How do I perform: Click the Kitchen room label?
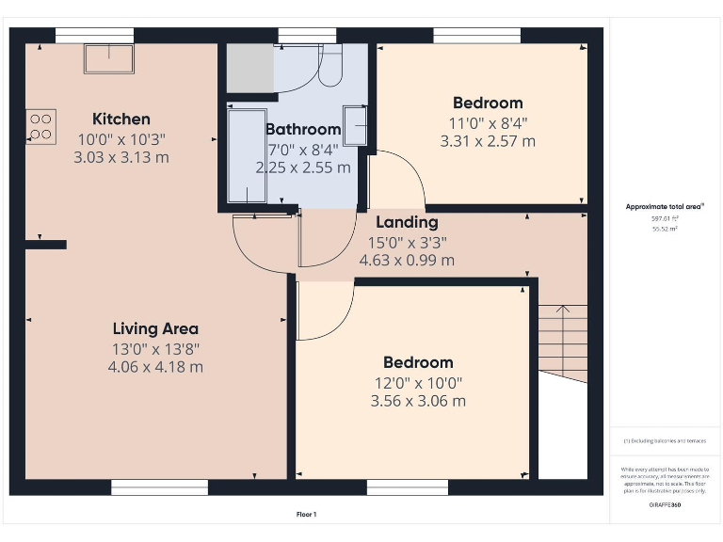(x=120, y=119)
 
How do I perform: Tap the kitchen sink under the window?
(x=109, y=57)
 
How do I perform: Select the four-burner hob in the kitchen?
(x=41, y=126)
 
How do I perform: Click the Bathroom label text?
(x=302, y=129)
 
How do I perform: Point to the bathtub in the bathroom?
(x=248, y=155)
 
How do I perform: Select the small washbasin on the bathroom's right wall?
(x=355, y=126)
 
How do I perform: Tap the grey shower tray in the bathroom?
(x=249, y=67)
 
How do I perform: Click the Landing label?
(x=407, y=222)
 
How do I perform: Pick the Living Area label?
(x=155, y=328)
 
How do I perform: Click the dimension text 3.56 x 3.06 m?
(x=418, y=401)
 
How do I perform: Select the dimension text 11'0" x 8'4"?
(x=488, y=122)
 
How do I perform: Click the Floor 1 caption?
(x=306, y=515)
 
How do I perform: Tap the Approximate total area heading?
(x=665, y=206)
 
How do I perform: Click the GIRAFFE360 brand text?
(x=665, y=505)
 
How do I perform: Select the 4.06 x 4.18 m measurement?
(x=155, y=367)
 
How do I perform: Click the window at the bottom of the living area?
(x=159, y=487)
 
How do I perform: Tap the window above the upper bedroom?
(x=476, y=35)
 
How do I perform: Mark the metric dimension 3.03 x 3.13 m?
(x=121, y=157)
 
